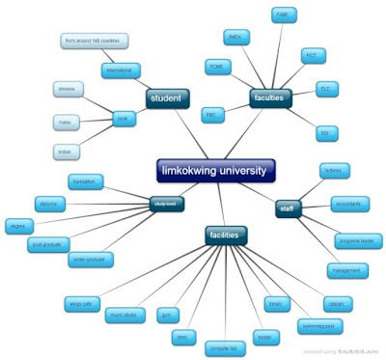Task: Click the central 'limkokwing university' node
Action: coord(214,171)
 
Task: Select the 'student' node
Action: coord(168,98)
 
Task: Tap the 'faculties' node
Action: coord(274,97)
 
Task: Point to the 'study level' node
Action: coord(166,205)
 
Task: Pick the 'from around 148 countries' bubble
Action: coord(95,42)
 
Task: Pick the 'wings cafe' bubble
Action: coord(110,304)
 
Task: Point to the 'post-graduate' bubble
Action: coord(47,245)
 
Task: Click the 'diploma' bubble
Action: coord(48,203)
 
